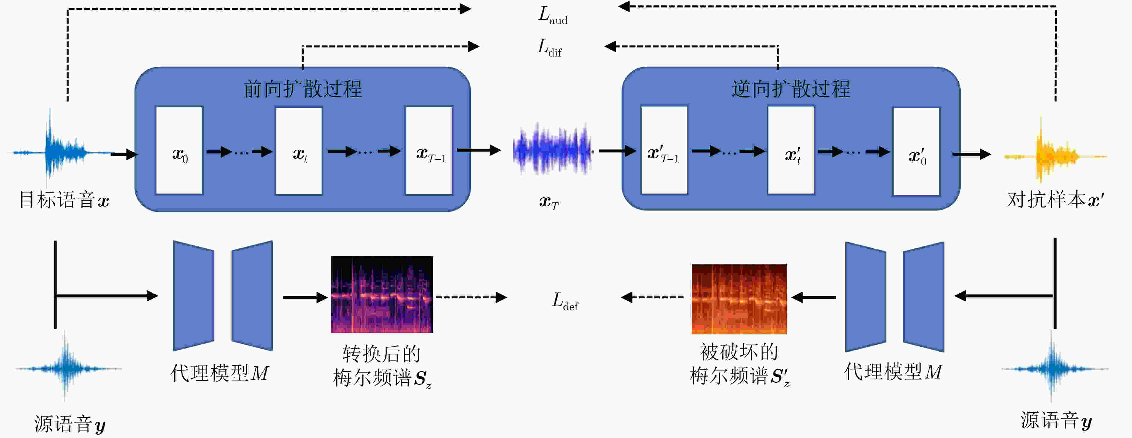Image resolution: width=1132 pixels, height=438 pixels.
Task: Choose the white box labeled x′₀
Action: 916,151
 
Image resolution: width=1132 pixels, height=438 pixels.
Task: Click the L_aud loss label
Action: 553,15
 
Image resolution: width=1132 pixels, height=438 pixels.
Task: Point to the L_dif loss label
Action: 549,48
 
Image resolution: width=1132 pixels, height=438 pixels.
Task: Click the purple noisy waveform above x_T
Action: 552,150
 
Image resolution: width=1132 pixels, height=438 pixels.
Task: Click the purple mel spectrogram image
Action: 382,294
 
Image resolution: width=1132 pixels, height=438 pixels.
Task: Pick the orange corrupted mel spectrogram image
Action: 739,299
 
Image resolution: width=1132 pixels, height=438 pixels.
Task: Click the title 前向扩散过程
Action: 303,89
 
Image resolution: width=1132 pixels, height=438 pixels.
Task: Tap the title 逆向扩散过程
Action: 791,89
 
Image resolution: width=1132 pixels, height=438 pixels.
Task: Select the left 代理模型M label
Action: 219,373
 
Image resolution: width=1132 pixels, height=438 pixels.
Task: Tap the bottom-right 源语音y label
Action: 1056,420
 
